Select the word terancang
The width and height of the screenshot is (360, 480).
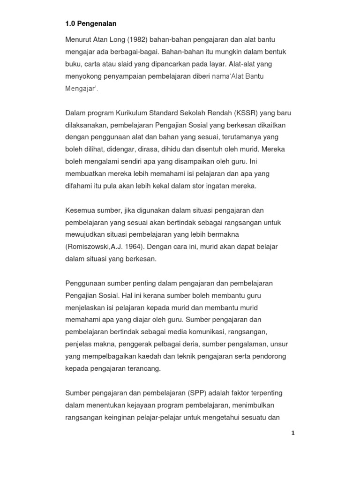143,368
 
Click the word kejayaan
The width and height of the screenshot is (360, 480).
144,405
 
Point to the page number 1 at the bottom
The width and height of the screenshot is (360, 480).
292,433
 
